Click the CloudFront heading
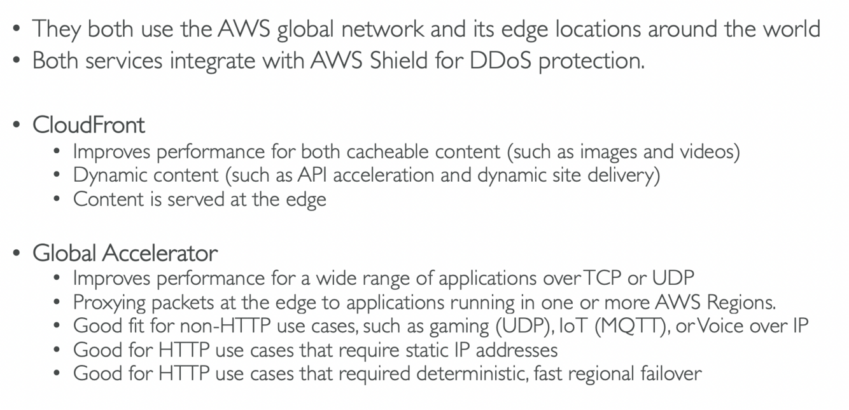click(88, 125)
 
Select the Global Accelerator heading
click(125, 253)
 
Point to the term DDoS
click(500, 60)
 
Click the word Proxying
click(109, 303)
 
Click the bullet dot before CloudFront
click(17, 125)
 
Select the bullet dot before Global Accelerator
click(17, 254)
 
